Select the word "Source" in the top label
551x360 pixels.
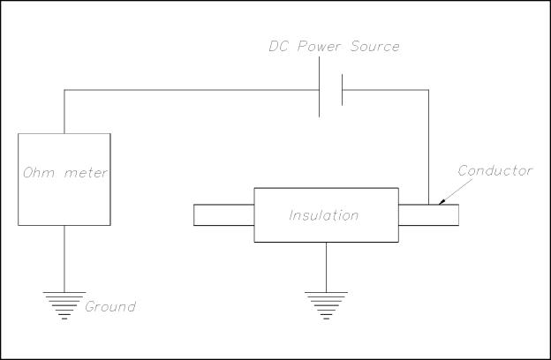(x=374, y=46)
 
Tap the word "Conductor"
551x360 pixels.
(x=495, y=171)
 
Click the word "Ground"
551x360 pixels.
(x=110, y=307)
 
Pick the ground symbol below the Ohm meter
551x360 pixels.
(x=64, y=303)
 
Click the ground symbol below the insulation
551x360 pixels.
(x=327, y=303)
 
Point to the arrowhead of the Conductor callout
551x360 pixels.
(x=443, y=202)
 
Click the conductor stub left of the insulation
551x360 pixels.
(x=223, y=214)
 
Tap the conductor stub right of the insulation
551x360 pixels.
(x=428, y=214)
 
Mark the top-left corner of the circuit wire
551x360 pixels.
(x=64, y=89)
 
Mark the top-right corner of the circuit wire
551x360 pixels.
(x=429, y=89)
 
